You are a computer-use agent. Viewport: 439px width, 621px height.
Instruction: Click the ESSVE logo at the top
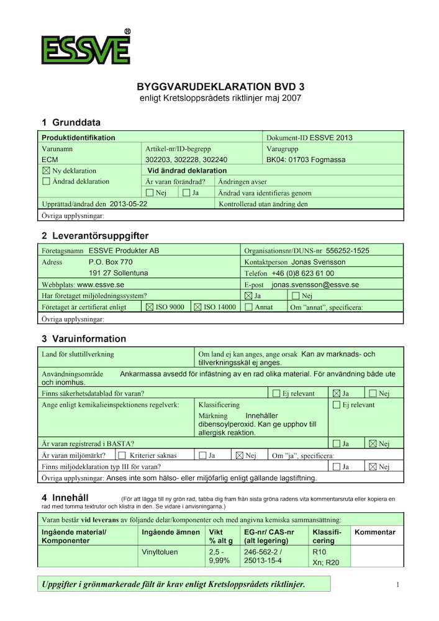tap(86, 48)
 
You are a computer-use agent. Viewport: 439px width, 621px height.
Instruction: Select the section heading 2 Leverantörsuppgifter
tap(95, 236)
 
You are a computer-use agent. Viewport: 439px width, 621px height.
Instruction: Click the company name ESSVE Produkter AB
tap(124, 251)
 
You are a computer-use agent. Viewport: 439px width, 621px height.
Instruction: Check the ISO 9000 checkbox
tap(149, 307)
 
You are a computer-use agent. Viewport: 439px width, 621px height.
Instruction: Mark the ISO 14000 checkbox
tap(198, 307)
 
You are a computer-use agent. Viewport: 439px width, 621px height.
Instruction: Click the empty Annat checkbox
tap(249, 307)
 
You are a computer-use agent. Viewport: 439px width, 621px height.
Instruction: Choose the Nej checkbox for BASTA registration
tap(373, 444)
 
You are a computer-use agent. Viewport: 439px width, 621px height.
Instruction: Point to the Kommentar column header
tap(375, 532)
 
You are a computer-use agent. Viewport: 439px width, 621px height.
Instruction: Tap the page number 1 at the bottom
tap(397, 584)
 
